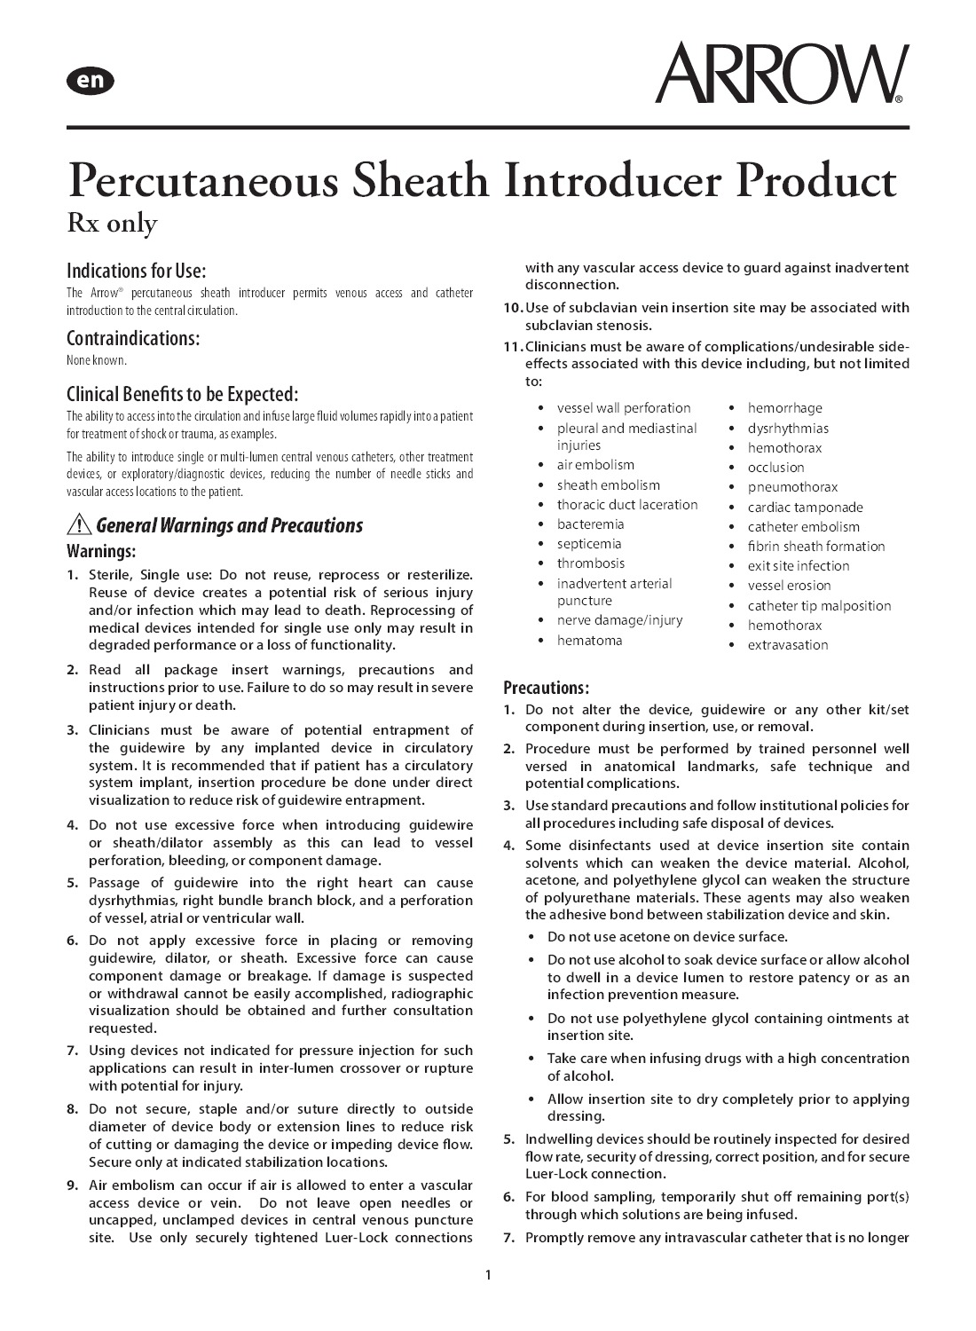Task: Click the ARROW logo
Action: click(781, 74)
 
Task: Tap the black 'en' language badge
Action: click(90, 81)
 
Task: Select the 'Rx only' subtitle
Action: click(112, 223)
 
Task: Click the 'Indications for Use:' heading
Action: click(136, 271)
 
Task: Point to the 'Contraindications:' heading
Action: click(133, 338)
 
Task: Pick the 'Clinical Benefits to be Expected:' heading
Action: click(182, 394)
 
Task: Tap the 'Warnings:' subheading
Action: click(101, 551)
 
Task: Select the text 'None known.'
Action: click(97, 360)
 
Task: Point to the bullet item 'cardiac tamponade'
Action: click(805, 508)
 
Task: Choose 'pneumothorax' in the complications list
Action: click(792, 487)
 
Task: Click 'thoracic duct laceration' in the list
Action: click(626, 505)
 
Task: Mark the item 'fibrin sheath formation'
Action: click(816, 547)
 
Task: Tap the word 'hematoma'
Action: click(589, 641)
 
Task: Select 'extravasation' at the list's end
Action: click(788, 645)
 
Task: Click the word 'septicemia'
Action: click(589, 544)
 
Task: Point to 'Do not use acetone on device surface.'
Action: click(667, 937)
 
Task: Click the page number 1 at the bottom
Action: click(488, 1276)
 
